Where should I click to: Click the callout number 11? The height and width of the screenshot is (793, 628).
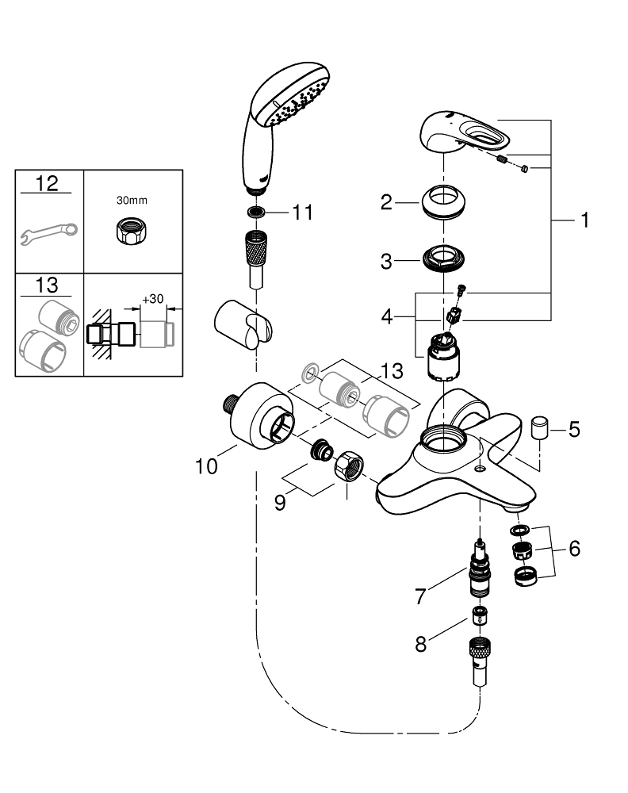(302, 213)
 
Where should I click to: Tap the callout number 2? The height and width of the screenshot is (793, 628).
(386, 204)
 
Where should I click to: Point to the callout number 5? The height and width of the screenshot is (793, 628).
(573, 430)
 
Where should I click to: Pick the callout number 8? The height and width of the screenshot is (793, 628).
(420, 644)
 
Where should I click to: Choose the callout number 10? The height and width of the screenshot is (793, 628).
(206, 466)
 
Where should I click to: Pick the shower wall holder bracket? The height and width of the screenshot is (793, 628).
(240, 328)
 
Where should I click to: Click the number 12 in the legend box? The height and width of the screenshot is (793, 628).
(48, 184)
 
